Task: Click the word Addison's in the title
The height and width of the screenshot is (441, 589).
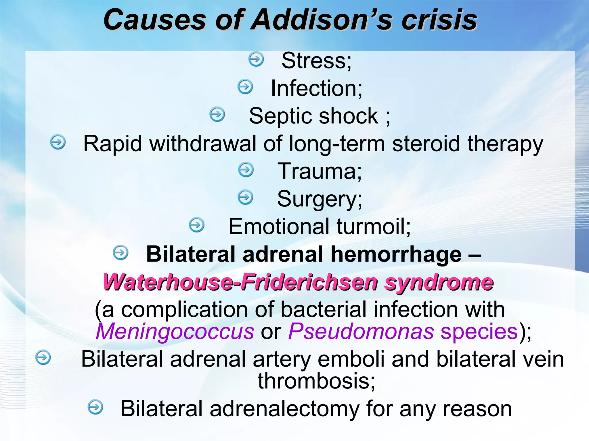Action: (x=320, y=20)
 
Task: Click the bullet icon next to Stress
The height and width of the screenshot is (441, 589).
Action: (x=256, y=59)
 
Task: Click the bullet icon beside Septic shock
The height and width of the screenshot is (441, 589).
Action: (x=217, y=114)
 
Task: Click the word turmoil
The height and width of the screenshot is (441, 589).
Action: (x=374, y=226)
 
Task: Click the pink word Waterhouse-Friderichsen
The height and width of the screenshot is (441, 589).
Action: (x=240, y=282)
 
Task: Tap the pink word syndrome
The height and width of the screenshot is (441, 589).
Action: (x=439, y=283)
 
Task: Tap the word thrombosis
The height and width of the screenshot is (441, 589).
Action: (x=316, y=381)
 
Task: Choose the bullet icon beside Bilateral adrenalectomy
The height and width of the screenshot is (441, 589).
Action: (x=95, y=407)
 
